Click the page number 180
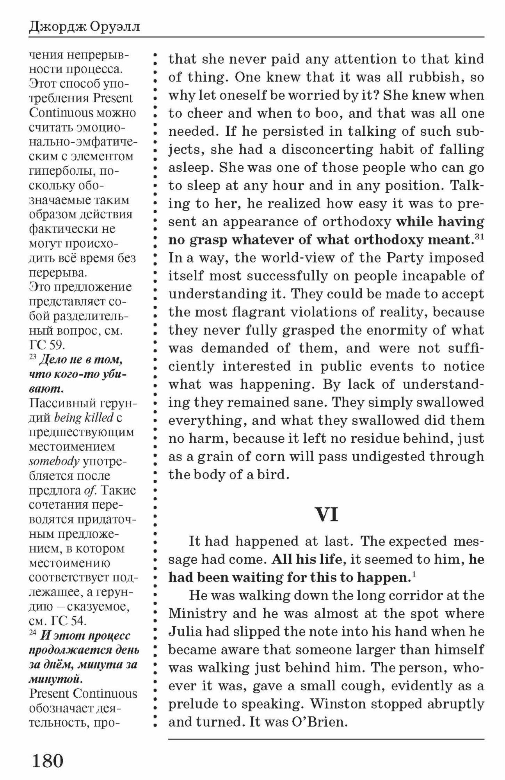click(47, 760)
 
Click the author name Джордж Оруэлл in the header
click(84, 27)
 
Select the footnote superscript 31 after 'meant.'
click(479, 236)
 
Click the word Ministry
click(198, 613)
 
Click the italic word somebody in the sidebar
click(54, 461)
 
